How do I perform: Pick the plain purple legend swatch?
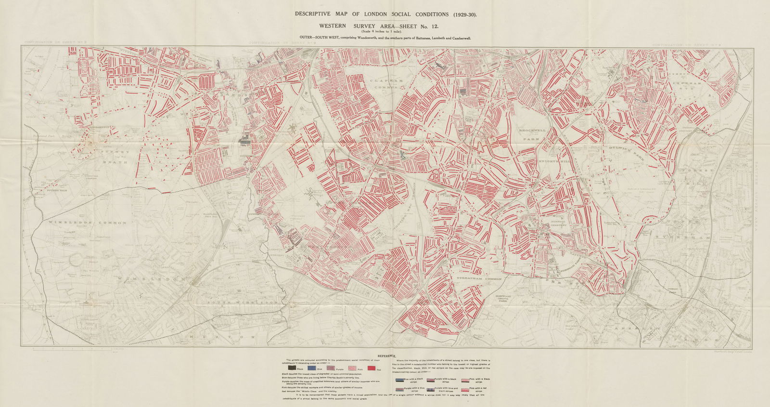331,368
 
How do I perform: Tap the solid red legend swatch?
372,368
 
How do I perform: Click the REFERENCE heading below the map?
387,356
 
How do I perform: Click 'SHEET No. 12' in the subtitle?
416,26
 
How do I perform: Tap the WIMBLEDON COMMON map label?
87,223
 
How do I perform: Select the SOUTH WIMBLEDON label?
243,302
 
